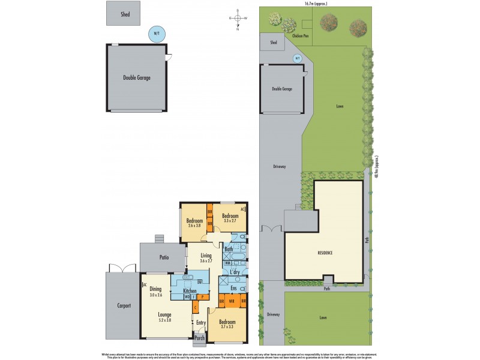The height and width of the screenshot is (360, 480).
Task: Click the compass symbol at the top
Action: [x=238, y=19]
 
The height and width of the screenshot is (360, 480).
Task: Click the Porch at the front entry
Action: [x=200, y=338]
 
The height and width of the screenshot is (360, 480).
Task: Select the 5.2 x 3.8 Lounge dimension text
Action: [x=164, y=320]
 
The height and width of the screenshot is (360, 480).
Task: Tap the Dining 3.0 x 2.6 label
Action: [x=155, y=292]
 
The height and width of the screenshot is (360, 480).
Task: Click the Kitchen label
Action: [x=190, y=291]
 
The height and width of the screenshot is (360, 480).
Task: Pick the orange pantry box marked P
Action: [x=202, y=296]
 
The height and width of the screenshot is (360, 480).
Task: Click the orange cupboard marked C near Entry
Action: [x=195, y=307]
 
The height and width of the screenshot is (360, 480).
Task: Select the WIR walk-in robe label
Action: [x=232, y=302]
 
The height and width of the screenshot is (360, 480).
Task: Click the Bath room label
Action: [x=228, y=249]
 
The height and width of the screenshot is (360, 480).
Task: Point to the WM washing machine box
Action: [x=227, y=263]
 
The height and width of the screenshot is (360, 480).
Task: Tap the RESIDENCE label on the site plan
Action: [x=325, y=253]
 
